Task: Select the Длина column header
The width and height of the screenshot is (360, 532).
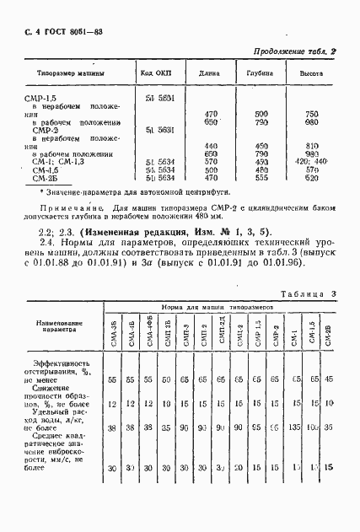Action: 209,73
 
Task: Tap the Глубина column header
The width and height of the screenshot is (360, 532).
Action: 260,73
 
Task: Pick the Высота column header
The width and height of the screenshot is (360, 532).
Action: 312,73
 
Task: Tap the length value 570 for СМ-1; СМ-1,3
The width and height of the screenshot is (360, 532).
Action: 210,162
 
